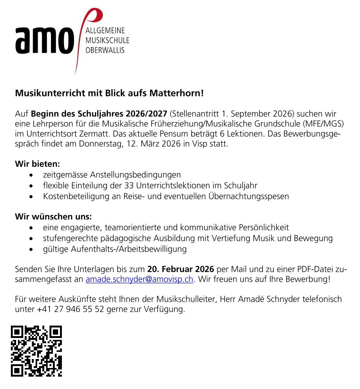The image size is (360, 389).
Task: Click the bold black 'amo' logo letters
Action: [x=44, y=41]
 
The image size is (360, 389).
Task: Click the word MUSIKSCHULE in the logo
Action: [x=107, y=40]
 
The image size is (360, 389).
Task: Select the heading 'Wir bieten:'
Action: [x=37, y=164]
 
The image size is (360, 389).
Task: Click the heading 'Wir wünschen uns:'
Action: [x=53, y=216]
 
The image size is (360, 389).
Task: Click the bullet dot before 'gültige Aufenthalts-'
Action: [x=34, y=249]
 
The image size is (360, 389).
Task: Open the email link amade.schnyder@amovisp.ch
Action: [x=139, y=279]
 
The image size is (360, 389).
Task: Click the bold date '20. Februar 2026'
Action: [x=180, y=269]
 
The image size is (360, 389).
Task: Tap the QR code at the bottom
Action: [x=36, y=351]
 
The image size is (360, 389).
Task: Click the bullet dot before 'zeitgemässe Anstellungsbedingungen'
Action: [x=34, y=175]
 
